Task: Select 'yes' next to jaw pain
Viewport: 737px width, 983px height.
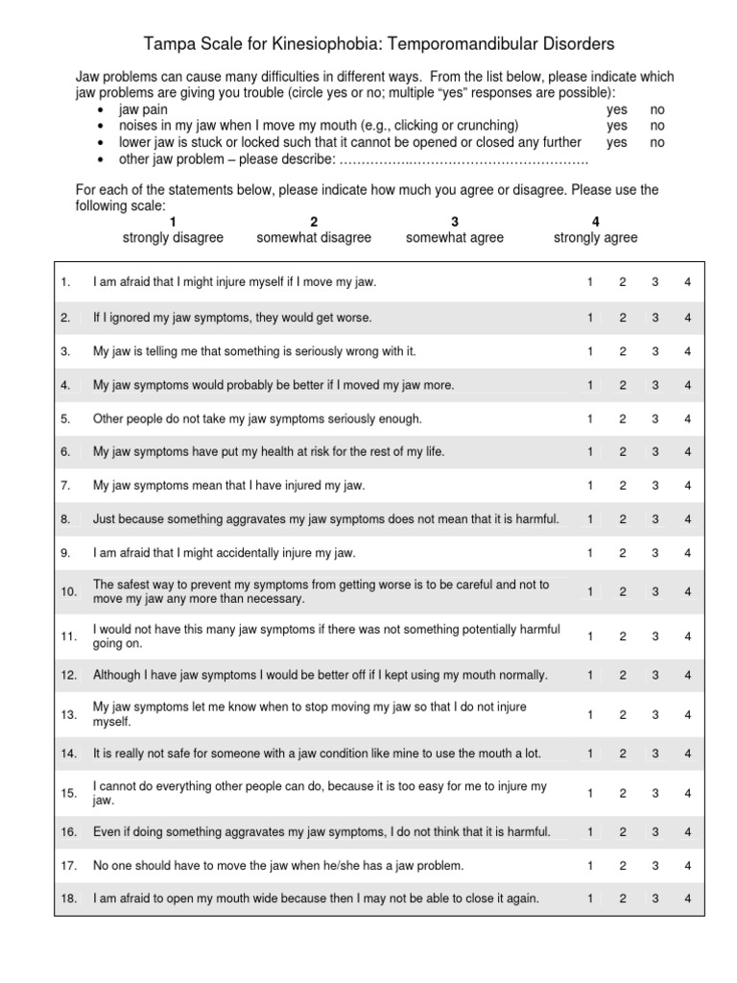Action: coord(617,109)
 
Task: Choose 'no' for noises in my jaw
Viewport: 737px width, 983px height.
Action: coord(657,126)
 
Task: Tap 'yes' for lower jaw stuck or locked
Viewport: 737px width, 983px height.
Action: coord(617,142)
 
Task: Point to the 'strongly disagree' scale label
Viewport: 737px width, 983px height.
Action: coord(173,237)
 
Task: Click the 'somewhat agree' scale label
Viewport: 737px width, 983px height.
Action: coord(454,237)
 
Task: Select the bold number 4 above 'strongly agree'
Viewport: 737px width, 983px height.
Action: coord(595,222)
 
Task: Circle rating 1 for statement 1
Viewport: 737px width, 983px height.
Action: coord(590,283)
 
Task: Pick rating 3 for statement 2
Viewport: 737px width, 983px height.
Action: coord(654,318)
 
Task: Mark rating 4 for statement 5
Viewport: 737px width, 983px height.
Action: coord(687,419)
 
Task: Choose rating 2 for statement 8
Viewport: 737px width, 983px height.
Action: coord(622,519)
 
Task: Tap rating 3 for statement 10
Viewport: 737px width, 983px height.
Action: coord(654,591)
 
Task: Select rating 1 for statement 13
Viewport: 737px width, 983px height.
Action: coord(590,714)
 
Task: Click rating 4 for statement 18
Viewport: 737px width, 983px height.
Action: coord(687,899)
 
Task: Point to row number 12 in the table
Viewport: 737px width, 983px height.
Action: coord(68,675)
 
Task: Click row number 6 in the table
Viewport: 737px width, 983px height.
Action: coord(65,452)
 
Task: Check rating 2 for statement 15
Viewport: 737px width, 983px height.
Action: coord(622,793)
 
